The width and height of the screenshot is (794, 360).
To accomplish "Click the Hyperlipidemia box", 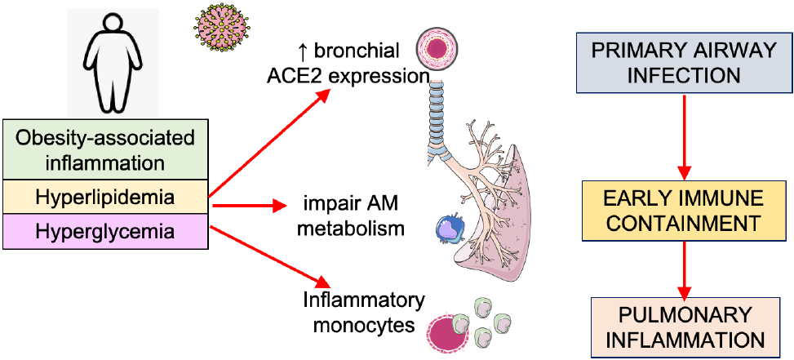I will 105,198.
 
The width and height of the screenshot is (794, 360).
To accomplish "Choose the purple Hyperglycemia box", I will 105,232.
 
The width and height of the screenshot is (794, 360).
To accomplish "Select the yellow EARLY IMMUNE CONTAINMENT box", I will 684,211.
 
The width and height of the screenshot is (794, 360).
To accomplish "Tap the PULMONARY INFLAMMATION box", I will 684,327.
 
